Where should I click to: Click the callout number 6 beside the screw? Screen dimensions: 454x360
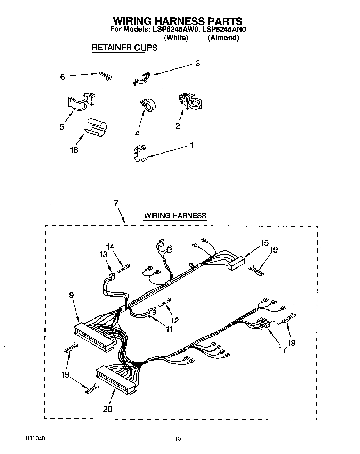63,77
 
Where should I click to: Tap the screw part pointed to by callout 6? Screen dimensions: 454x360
105,76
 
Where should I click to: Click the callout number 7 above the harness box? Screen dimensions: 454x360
116,203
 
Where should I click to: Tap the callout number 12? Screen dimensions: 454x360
175,320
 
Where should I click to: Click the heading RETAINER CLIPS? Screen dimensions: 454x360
124,48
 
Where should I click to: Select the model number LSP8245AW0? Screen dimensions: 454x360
175,30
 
